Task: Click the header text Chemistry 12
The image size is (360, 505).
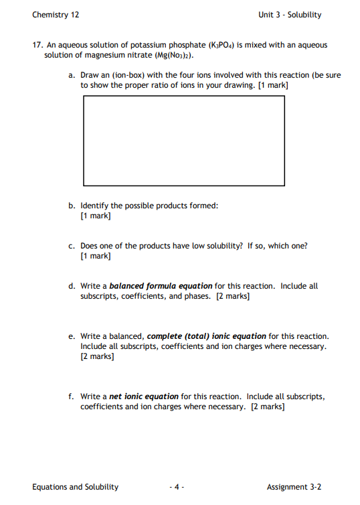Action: [x=56, y=15]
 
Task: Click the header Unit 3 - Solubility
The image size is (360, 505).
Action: [x=290, y=15]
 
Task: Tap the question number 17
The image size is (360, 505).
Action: [x=39, y=45]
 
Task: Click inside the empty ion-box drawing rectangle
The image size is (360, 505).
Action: [x=183, y=141]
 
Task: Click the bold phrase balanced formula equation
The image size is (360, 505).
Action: [x=161, y=286]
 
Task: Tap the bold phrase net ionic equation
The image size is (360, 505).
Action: [x=144, y=396]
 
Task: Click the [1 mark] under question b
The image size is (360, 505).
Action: [x=95, y=216]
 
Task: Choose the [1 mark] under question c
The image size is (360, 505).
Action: [x=95, y=256]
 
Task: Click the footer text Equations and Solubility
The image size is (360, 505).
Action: [x=75, y=487]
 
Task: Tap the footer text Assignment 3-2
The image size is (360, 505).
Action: [x=294, y=487]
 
